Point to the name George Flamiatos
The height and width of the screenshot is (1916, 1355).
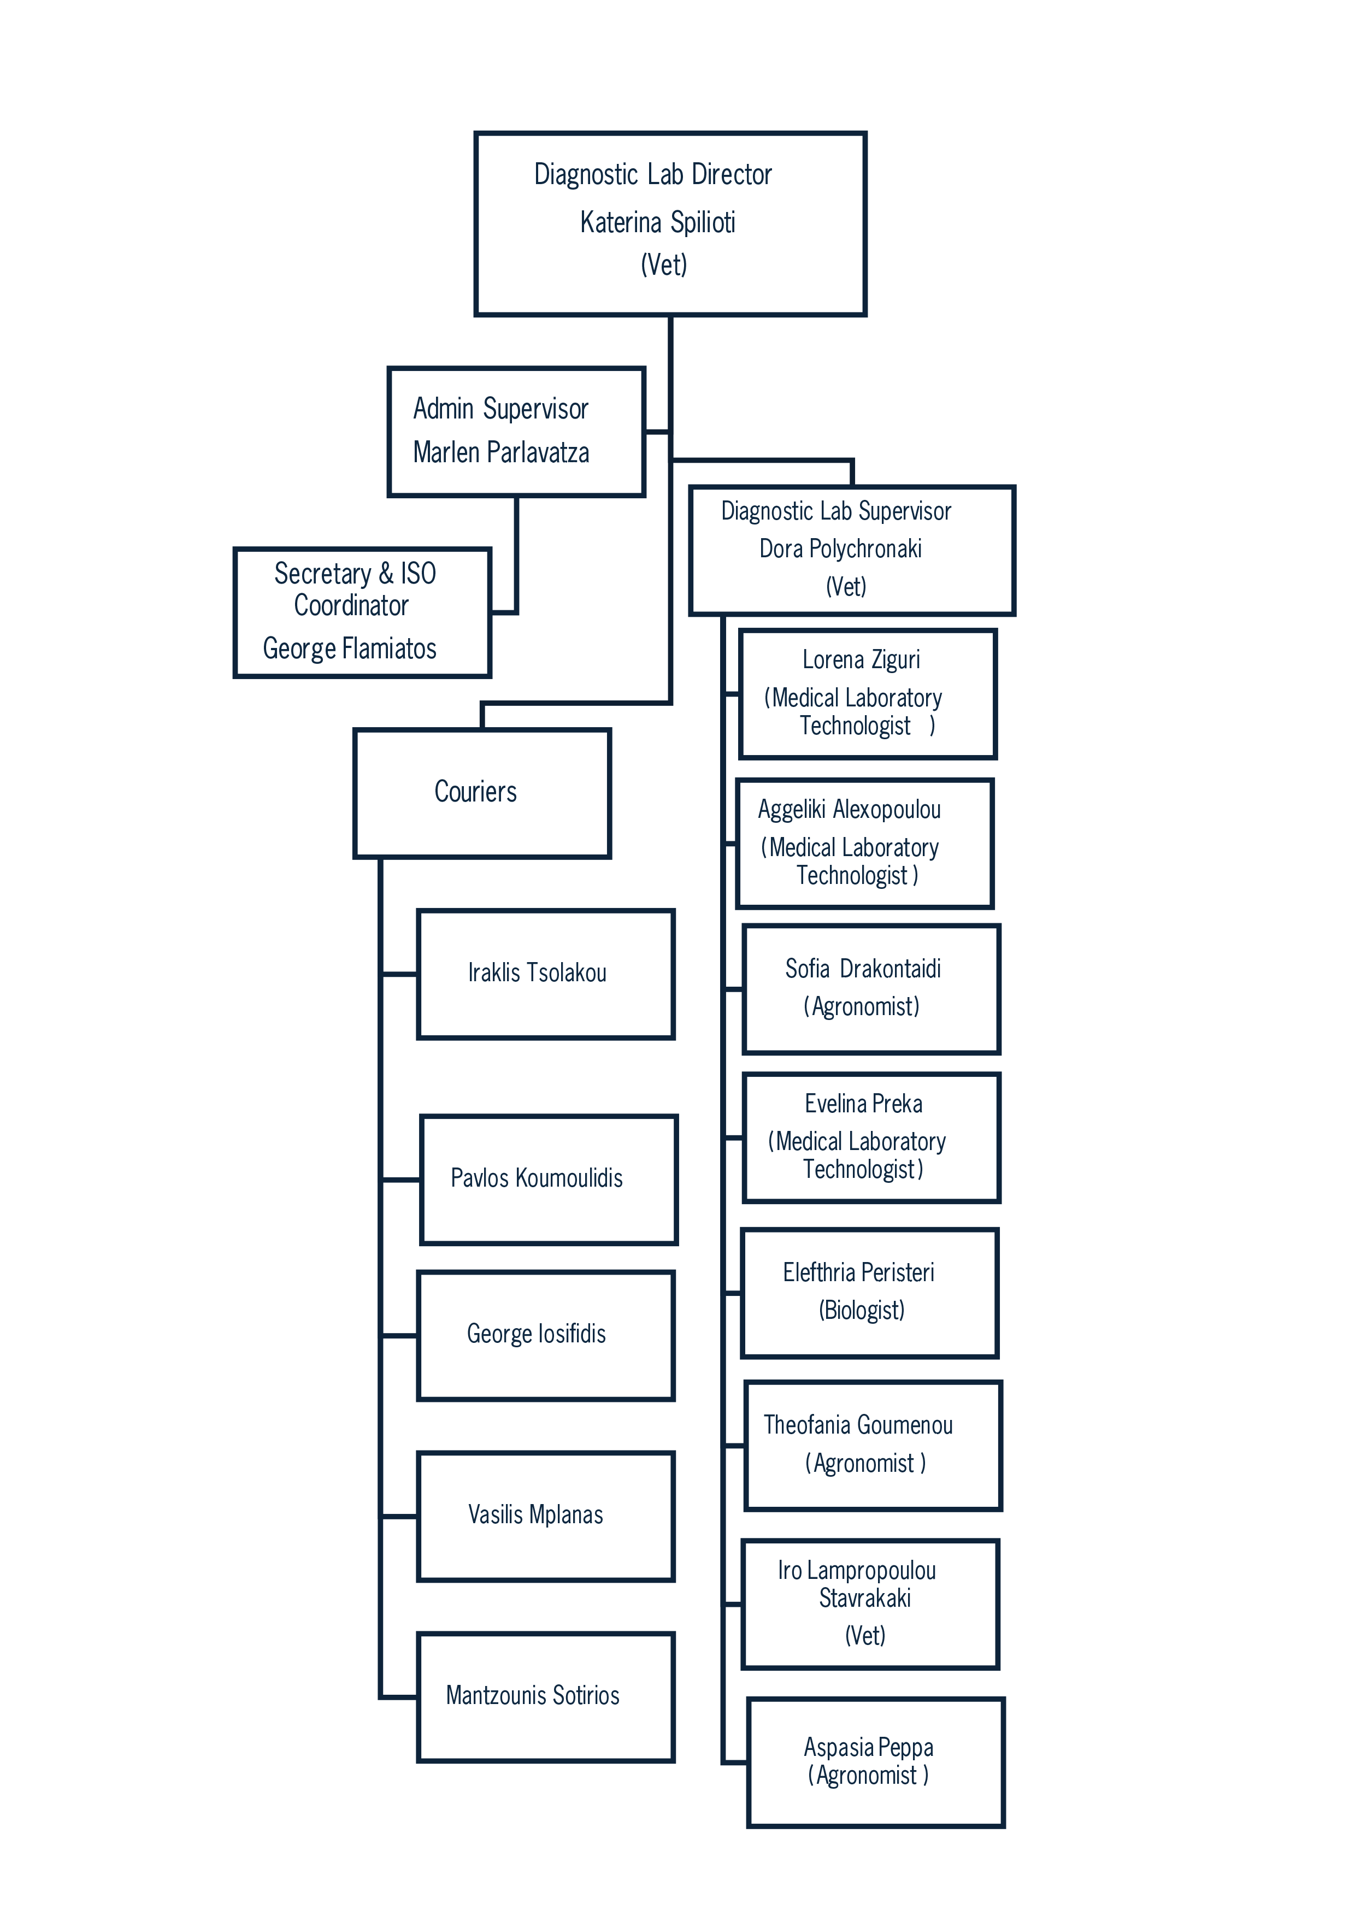pos(350,649)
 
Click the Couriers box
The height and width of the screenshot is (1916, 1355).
pos(482,793)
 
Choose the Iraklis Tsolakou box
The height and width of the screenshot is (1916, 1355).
pos(546,974)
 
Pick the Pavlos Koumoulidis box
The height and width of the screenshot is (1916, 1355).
pos(549,1179)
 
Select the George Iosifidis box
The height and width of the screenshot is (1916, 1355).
pos(546,1335)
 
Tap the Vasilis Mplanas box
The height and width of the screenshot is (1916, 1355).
pos(546,1516)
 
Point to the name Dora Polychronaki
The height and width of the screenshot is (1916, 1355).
pos(840,549)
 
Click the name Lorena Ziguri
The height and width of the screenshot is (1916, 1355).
pos(861,660)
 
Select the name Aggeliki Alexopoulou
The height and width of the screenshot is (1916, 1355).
pos(850,810)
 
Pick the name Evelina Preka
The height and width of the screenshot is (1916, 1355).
pos(864,1104)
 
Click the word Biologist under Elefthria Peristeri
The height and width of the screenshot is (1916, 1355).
pos(862,1310)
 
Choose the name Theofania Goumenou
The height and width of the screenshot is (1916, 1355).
pos(858,1425)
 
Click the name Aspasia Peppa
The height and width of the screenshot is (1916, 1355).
pos(869,1747)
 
